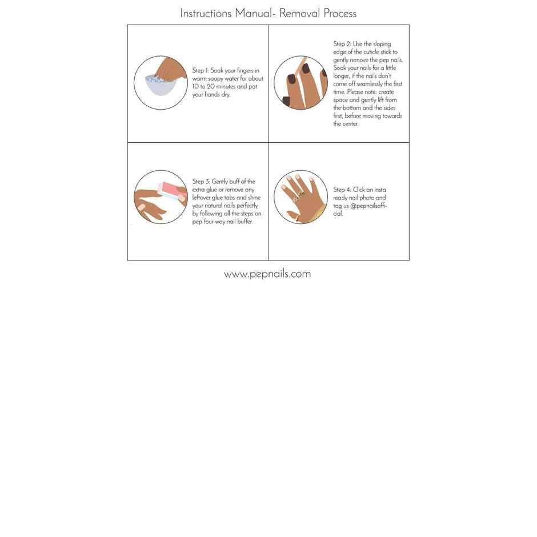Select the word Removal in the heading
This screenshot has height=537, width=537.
coord(300,13)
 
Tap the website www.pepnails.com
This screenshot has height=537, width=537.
coord(267,274)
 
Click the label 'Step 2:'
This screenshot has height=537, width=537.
coord(342,44)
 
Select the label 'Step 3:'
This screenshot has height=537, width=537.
coord(201,182)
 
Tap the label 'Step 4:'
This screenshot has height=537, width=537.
coord(342,190)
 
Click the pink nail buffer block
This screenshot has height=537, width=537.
coord(171,190)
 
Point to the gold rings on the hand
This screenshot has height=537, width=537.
coord(299,197)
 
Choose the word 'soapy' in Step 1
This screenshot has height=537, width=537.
coord(219,79)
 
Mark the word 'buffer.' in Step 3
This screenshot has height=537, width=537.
coord(243,222)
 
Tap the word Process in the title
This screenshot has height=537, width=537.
coord(340,13)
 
